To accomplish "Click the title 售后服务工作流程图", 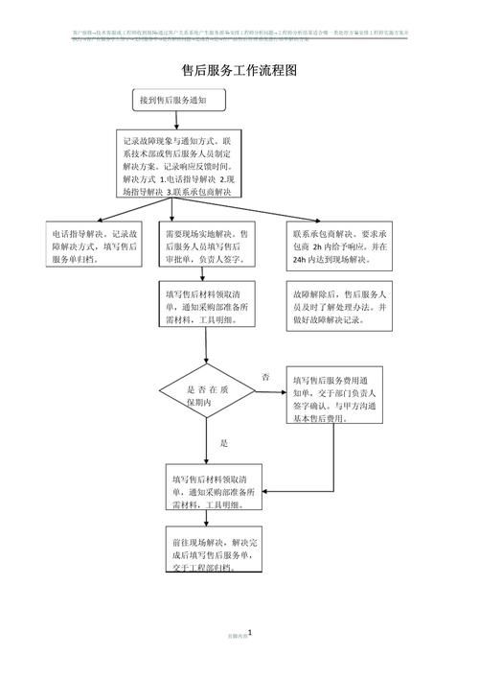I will (239, 70).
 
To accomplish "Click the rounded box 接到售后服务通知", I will (180, 100).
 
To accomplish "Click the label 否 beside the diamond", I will (265, 378).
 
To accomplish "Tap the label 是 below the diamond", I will (224, 443).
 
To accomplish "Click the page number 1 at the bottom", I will (249, 633).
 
